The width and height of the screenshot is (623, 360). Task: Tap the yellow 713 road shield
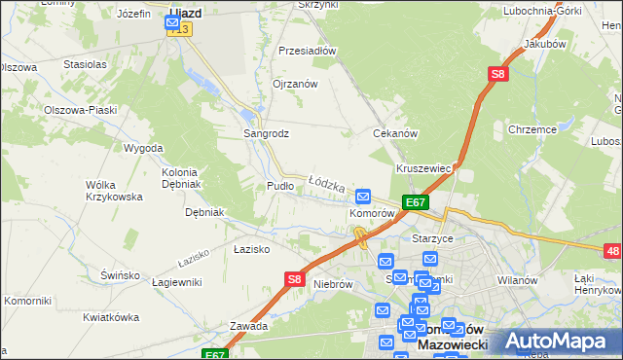point(179,30)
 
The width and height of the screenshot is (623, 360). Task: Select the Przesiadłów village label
point(307,51)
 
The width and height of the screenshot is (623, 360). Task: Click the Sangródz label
point(266,133)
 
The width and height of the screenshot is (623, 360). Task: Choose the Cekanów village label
point(395,133)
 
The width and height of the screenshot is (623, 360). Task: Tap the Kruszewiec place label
point(423,168)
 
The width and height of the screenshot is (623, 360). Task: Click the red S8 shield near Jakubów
point(497,74)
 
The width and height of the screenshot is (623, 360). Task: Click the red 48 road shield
point(612,252)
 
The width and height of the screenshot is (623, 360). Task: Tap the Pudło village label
point(279,185)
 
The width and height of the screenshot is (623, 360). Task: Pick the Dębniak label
point(205,212)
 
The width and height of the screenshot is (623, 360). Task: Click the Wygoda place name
point(143,148)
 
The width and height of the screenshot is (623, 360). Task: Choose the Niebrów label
point(332,284)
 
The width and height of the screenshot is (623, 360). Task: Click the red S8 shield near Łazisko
point(295,279)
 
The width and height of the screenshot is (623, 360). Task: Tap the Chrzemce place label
point(531,129)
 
